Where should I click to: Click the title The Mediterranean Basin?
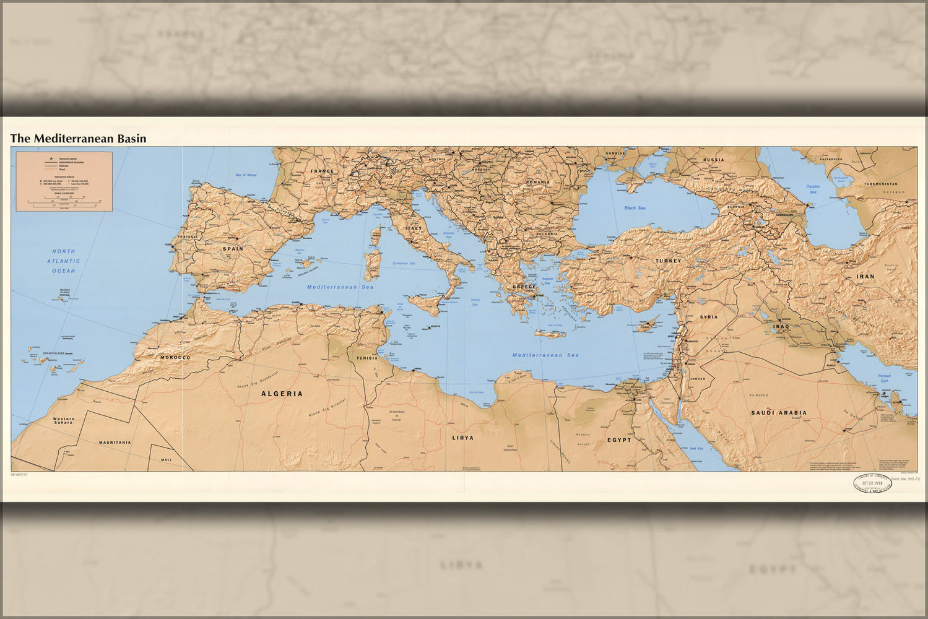[x=79, y=139]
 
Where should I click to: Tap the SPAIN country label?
[x=233, y=249]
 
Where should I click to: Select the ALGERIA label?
[x=282, y=394]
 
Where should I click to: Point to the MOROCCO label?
[x=175, y=358]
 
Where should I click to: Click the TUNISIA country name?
[x=367, y=358]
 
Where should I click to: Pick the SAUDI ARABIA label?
[x=779, y=413]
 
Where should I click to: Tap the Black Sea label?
[x=635, y=208]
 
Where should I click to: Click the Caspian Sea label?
[x=813, y=189]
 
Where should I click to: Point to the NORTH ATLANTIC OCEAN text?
[x=63, y=261]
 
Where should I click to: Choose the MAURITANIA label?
[x=115, y=443]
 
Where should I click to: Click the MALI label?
[x=166, y=460]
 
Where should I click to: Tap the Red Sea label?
[x=696, y=448]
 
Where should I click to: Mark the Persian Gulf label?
[x=884, y=378]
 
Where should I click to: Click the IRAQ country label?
[x=781, y=326]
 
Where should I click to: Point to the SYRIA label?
[x=709, y=317]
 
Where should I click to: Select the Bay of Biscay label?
[x=246, y=175]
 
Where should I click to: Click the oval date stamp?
[x=872, y=483]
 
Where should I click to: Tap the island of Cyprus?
[x=648, y=324]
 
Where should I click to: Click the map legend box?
[x=64, y=181]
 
